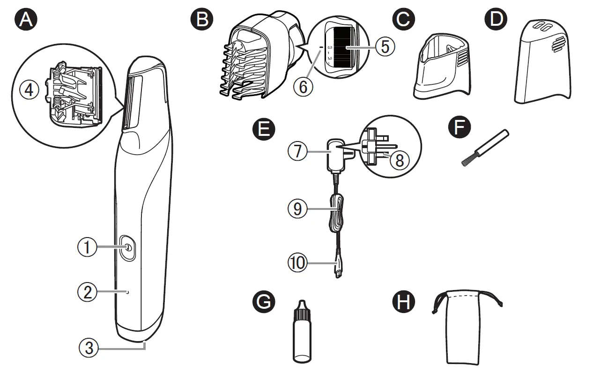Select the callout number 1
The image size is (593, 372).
(87, 247)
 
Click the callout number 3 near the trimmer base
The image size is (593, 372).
(89, 347)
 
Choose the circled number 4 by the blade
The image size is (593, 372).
(30, 90)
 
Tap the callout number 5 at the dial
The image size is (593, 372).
(385, 46)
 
